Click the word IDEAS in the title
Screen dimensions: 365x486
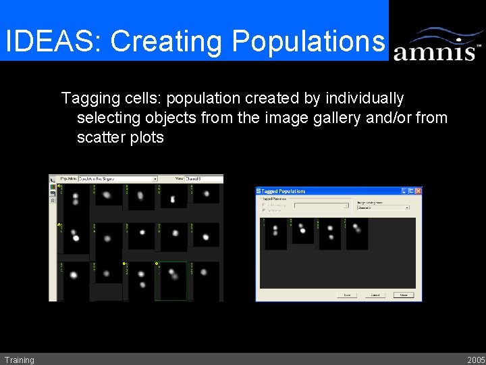[51, 41]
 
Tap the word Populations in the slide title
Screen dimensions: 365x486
[308, 41]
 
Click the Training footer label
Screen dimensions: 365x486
[19, 360]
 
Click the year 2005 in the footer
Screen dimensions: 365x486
[475, 360]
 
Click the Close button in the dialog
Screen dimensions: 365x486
[404, 295]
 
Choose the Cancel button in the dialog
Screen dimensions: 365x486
[375, 295]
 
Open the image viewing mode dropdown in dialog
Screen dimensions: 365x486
[383, 207]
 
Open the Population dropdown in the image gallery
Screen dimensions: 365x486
[117, 179]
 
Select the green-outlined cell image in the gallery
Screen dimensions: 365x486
[173, 280]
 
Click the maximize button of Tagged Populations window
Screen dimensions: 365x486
[411, 191]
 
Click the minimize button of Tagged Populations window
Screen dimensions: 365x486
[404, 191]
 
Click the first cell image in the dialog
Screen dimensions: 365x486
[275, 233]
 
